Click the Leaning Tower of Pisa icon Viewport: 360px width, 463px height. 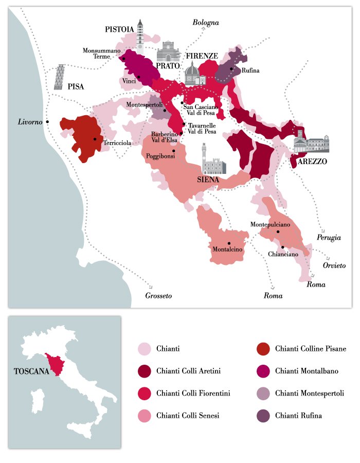pos(60,78)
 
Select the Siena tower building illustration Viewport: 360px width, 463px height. pos(212,161)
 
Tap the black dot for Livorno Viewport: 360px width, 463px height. pos(47,121)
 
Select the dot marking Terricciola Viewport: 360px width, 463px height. pos(95,139)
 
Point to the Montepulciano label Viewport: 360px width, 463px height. pos(270,225)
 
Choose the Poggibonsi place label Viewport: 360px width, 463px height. pos(159,155)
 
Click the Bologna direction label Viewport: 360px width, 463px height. pos(206,23)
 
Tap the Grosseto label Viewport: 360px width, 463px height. pos(158,296)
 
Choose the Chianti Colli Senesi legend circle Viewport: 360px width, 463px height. pos(146,415)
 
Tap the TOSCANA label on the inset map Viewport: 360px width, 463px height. pos(30,370)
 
